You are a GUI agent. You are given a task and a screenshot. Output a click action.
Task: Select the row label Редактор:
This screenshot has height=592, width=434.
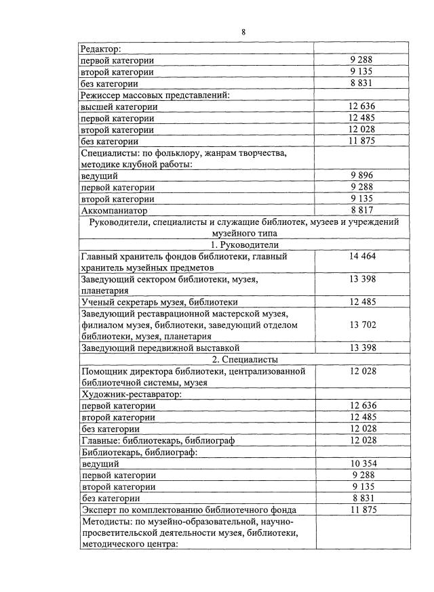click(100, 48)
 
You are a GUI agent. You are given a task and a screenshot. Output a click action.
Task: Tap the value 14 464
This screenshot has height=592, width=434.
click(362, 257)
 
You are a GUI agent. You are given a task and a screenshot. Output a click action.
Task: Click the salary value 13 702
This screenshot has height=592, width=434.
click(362, 324)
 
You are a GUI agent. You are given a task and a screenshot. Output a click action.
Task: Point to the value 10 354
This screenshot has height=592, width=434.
click(362, 463)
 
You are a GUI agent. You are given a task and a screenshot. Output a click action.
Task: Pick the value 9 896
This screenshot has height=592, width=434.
click(362, 175)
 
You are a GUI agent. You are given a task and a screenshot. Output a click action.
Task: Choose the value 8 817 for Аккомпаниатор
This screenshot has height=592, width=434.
click(362, 211)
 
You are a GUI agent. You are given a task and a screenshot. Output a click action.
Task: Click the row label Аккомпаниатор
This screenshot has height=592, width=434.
click(113, 211)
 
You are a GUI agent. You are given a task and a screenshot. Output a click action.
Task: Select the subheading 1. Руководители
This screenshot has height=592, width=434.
click(245, 245)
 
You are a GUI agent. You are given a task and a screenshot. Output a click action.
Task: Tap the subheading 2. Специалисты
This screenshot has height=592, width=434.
click(245, 359)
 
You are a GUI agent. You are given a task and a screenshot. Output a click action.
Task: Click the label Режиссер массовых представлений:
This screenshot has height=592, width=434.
click(155, 95)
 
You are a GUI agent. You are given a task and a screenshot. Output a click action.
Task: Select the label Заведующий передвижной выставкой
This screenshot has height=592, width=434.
click(159, 347)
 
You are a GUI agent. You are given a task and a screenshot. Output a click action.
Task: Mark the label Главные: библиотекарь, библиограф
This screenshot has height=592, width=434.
click(157, 440)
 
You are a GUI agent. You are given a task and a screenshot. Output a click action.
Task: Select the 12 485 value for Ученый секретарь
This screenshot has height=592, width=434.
click(362, 301)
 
